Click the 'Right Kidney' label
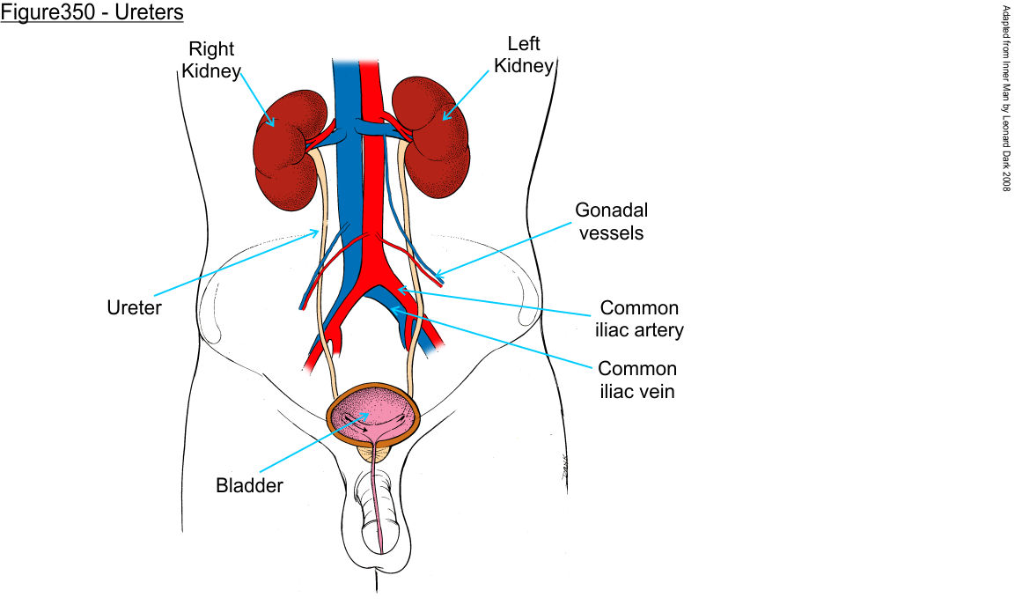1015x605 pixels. coord(211,60)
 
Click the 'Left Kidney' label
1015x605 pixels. coord(524,54)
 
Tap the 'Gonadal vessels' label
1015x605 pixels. coord(609,221)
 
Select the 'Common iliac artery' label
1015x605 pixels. coord(639,319)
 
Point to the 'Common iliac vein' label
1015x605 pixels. coord(636,380)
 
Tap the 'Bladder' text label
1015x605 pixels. coord(249,485)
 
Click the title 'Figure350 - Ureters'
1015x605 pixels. coord(92,13)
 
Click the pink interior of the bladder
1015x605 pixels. coord(379,414)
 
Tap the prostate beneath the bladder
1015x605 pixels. coord(377,453)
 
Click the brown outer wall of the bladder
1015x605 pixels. coord(332,414)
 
